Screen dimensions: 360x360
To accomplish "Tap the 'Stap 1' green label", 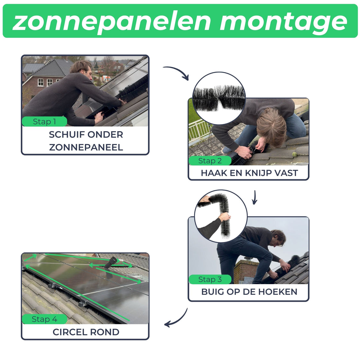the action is click(45, 122).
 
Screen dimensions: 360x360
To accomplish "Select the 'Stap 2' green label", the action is click(210, 161).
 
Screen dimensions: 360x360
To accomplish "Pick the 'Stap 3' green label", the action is click(210, 279).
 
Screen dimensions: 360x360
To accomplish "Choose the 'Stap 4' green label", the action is click(45, 319).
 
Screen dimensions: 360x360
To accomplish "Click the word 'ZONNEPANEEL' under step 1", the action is click(86, 148).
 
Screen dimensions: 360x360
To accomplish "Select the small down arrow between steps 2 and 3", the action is click(254, 197).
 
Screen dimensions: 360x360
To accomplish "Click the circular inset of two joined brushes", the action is click(219, 98).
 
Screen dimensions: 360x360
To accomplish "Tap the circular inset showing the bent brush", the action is click(221, 216).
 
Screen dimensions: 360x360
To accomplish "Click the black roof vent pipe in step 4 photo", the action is click(111, 263).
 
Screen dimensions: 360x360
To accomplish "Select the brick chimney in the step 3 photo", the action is click(244, 271).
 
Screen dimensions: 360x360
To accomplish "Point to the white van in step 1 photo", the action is click(106, 79).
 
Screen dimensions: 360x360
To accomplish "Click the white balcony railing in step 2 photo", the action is click(200, 130).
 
